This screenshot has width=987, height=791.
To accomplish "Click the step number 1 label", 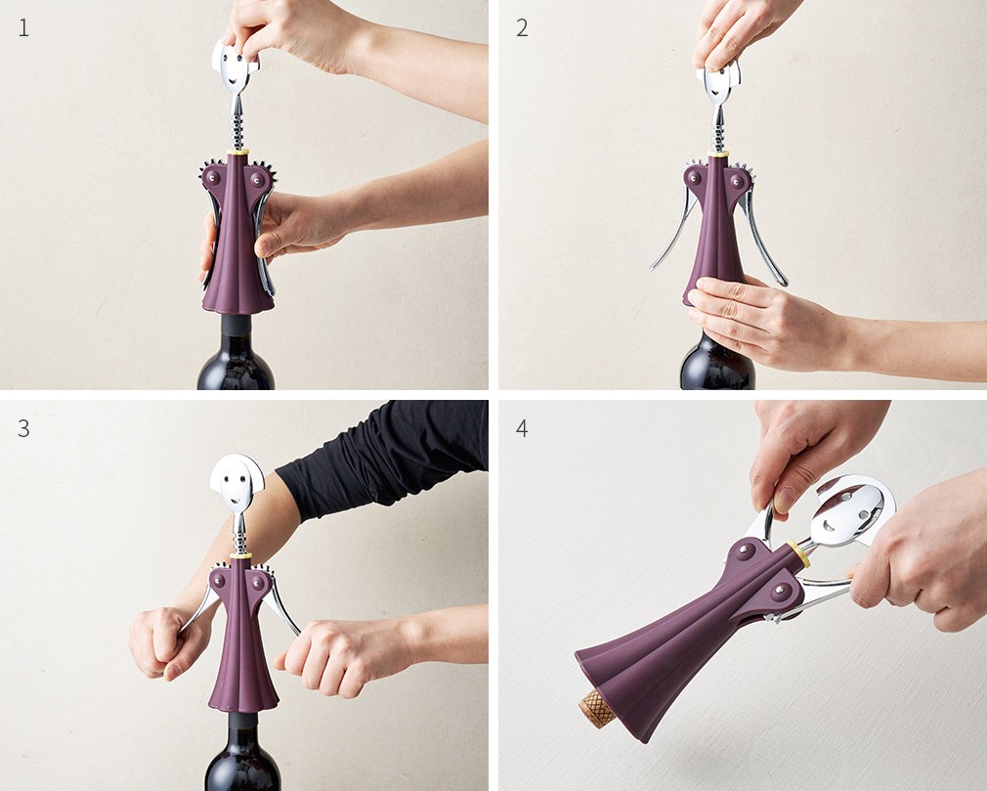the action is [x=23, y=28].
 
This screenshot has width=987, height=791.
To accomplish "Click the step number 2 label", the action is [x=522, y=28].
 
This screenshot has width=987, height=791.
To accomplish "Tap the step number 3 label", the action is [x=23, y=428].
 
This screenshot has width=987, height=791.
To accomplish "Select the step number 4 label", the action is [x=522, y=428].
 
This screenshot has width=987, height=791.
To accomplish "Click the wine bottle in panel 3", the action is [x=242, y=753].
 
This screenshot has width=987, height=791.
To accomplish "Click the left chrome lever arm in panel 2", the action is [x=673, y=233].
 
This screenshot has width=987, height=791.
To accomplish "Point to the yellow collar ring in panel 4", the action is [x=798, y=551].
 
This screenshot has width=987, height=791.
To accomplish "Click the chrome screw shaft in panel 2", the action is [x=718, y=128].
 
